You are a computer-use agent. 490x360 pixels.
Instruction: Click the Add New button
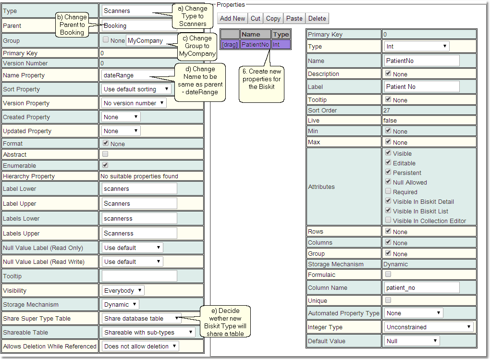[233, 19]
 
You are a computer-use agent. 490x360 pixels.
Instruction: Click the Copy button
[273, 19]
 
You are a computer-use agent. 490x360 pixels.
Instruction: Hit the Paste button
[294, 19]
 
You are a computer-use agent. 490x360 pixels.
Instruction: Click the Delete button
[317, 19]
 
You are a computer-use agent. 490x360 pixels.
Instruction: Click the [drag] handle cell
[230, 44]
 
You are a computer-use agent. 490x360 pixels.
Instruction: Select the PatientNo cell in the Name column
[255, 44]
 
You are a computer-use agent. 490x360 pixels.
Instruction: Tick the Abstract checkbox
[105, 154]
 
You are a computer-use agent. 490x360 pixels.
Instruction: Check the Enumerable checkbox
[105, 165]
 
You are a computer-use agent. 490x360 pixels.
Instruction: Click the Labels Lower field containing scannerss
[139, 219]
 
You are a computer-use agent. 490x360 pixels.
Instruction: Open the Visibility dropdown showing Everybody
[123, 290]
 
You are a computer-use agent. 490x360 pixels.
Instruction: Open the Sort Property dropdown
[137, 89]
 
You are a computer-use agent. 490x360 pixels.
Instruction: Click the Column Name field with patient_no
[422, 287]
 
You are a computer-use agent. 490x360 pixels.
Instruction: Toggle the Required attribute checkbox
[388, 192]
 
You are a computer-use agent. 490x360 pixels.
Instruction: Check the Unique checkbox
[388, 300]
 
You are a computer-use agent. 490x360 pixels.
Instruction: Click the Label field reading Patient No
[422, 87]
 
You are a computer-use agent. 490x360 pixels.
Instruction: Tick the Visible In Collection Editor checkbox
[388, 221]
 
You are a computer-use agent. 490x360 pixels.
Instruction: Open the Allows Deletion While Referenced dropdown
[140, 346]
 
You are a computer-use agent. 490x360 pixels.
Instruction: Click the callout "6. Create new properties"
[261, 79]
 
